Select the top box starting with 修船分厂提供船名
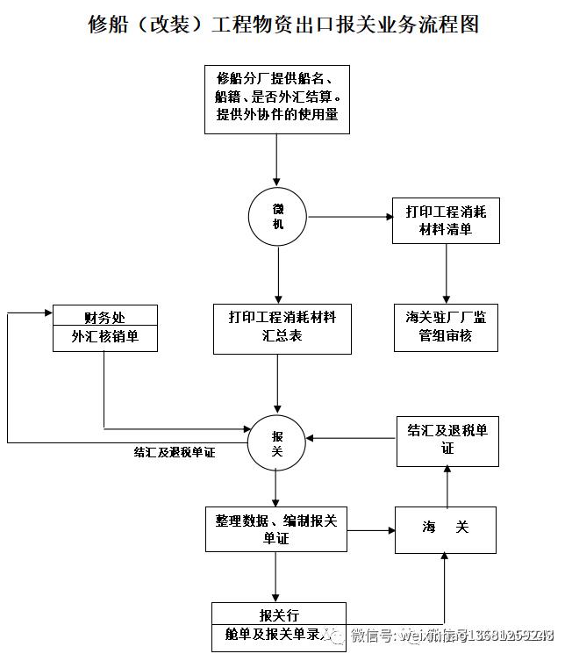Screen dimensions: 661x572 click(277, 97)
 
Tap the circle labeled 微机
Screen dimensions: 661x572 click(277, 216)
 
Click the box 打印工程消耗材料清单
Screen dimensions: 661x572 click(446, 219)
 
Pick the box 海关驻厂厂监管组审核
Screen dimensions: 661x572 click(446, 327)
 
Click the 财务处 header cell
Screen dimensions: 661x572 click(104, 316)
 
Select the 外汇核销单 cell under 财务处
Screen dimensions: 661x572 click(104, 338)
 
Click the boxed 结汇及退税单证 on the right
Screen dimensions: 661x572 click(447, 440)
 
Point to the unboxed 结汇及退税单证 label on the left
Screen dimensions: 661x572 click(175, 453)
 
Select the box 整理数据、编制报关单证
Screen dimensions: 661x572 click(276, 529)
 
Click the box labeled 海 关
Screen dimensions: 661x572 click(447, 528)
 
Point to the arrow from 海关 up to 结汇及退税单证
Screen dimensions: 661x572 click(447, 486)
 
